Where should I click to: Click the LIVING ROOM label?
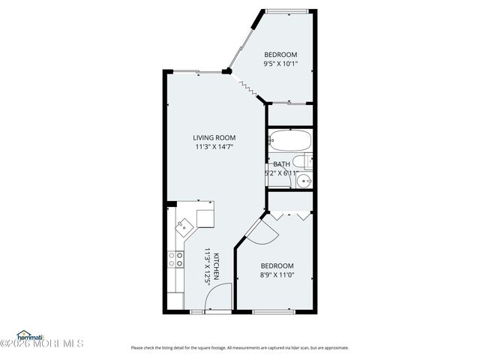click(x=214, y=137)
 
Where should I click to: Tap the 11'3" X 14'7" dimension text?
click(x=214, y=147)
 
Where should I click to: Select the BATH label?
click(x=281, y=164)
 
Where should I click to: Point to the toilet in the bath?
click(x=302, y=161)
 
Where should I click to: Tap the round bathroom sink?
click(x=304, y=180)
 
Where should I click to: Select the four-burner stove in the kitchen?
click(x=177, y=259)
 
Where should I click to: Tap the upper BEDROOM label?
click(x=281, y=55)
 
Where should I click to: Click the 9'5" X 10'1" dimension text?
click(x=281, y=64)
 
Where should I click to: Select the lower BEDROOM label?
click(x=277, y=266)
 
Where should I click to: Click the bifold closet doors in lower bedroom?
click(x=289, y=215)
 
